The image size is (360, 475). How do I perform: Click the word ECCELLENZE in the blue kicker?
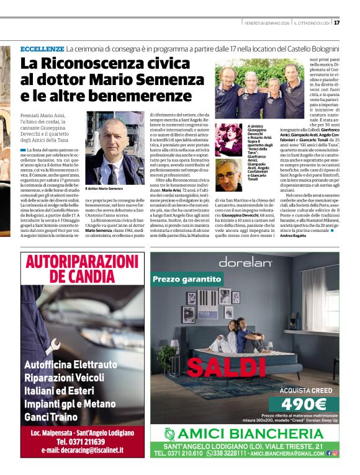(x=42, y=48)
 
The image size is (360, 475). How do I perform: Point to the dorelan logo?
(x=245, y=262)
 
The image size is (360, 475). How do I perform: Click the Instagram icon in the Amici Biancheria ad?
(x=336, y=453)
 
